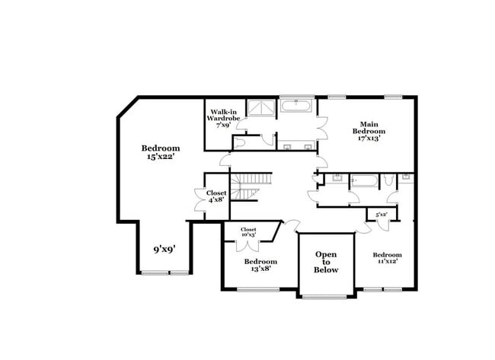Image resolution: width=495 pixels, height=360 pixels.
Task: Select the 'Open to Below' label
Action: coord(326,262)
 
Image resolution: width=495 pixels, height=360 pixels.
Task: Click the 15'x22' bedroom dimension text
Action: coord(161,156)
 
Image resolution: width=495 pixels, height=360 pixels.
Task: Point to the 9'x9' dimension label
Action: coord(164,248)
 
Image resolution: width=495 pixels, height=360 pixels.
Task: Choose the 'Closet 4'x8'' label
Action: coord(216,198)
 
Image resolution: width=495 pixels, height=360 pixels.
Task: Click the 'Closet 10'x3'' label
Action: coord(248,232)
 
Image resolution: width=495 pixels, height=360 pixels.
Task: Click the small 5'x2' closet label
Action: coord(382,215)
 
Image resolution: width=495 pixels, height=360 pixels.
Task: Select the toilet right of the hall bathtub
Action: coord(388,181)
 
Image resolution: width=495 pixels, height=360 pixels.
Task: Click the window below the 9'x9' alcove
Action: coord(164,272)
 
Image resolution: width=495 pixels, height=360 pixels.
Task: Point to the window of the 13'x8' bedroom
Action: coord(257,288)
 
